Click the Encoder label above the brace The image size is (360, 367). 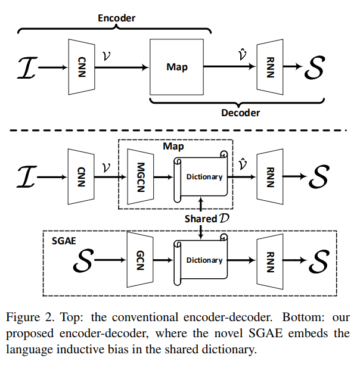116,18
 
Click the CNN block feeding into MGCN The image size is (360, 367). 82,176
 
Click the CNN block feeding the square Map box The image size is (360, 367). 82,67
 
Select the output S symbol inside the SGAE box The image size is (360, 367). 321,260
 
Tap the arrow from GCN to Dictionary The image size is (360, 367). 163,260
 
